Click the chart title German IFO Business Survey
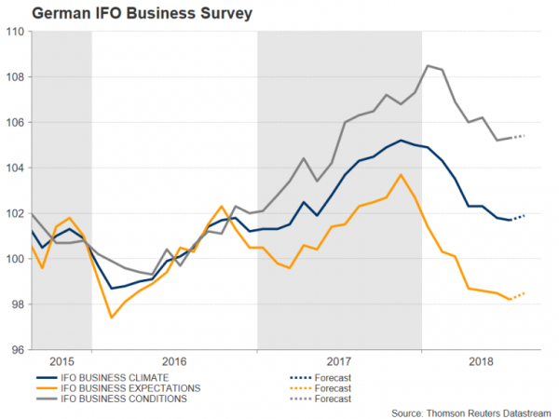[x=110, y=14]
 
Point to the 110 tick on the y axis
[x=14, y=32]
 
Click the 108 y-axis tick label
[x=14, y=77]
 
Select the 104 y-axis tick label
[x=14, y=169]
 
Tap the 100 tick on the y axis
[x=14, y=259]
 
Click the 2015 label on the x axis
[x=61, y=359]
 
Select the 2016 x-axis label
[x=174, y=359]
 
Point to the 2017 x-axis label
[x=339, y=359]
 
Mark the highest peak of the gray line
[x=427, y=65]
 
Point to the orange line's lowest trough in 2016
[x=112, y=318]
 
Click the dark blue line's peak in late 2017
[x=401, y=141]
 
